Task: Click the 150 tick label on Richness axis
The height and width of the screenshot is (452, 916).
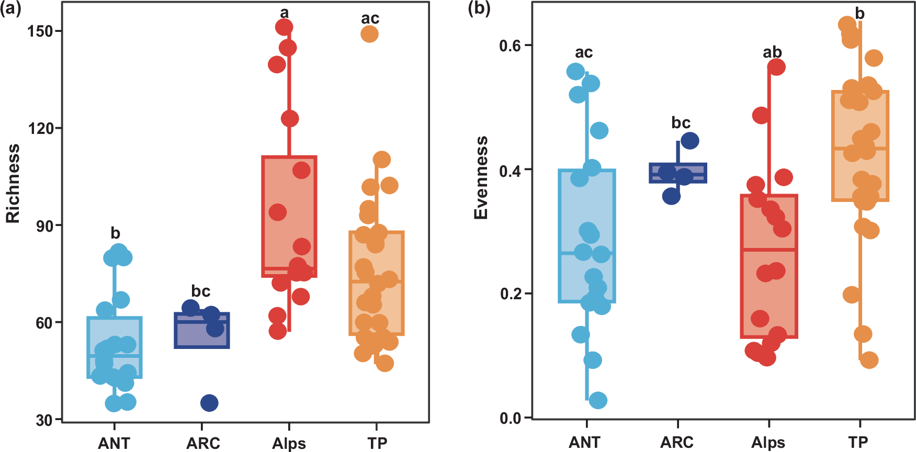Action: (x=40, y=31)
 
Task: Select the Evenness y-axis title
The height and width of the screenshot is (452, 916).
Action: (x=481, y=178)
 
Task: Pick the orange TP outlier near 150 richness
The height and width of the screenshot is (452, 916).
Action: (x=369, y=34)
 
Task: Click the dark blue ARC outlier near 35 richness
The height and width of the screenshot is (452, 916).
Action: (x=209, y=403)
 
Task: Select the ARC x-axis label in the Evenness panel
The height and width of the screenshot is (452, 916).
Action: (x=676, y=443)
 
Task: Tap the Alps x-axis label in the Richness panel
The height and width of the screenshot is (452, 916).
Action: (x=289, y=444)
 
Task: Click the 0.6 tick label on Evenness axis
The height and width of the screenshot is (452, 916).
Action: (x=510, y=46)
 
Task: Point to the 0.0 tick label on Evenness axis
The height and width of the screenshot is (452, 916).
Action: (x=510, y=419)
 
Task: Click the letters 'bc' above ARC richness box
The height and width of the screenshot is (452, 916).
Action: (x=200, y=291)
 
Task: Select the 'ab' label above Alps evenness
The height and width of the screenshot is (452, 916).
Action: (x=772, y=52)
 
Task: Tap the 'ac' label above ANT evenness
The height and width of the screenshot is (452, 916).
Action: (x=584, y=53)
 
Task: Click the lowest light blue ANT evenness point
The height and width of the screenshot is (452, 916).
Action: (x=598, y=400)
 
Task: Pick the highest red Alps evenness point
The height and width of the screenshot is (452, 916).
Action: (x=776, y=67)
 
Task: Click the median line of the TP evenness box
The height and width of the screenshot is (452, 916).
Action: (x=861, y=149)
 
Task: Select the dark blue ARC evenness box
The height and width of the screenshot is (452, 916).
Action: (x=678, y=173)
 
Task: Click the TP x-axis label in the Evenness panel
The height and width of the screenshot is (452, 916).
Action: (x=858, y=443)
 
